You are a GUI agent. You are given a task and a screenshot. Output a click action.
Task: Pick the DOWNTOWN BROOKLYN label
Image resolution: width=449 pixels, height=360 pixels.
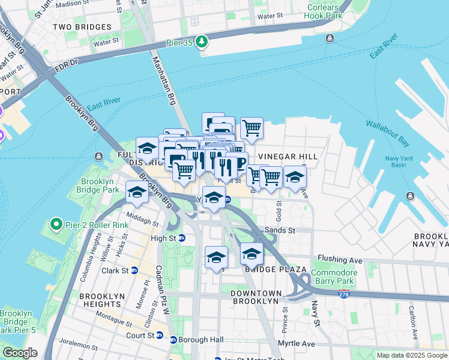coord(255,297)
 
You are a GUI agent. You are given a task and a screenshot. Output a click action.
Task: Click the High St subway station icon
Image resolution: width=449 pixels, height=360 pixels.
coord(182,238)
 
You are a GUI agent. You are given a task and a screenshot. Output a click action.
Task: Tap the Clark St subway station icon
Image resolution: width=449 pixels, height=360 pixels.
coord(134,271)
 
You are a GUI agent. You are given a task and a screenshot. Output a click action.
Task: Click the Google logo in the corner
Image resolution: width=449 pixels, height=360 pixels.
coord(19,353)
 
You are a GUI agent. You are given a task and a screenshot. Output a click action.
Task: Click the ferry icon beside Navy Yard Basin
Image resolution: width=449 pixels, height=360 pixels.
coord(410,196)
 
